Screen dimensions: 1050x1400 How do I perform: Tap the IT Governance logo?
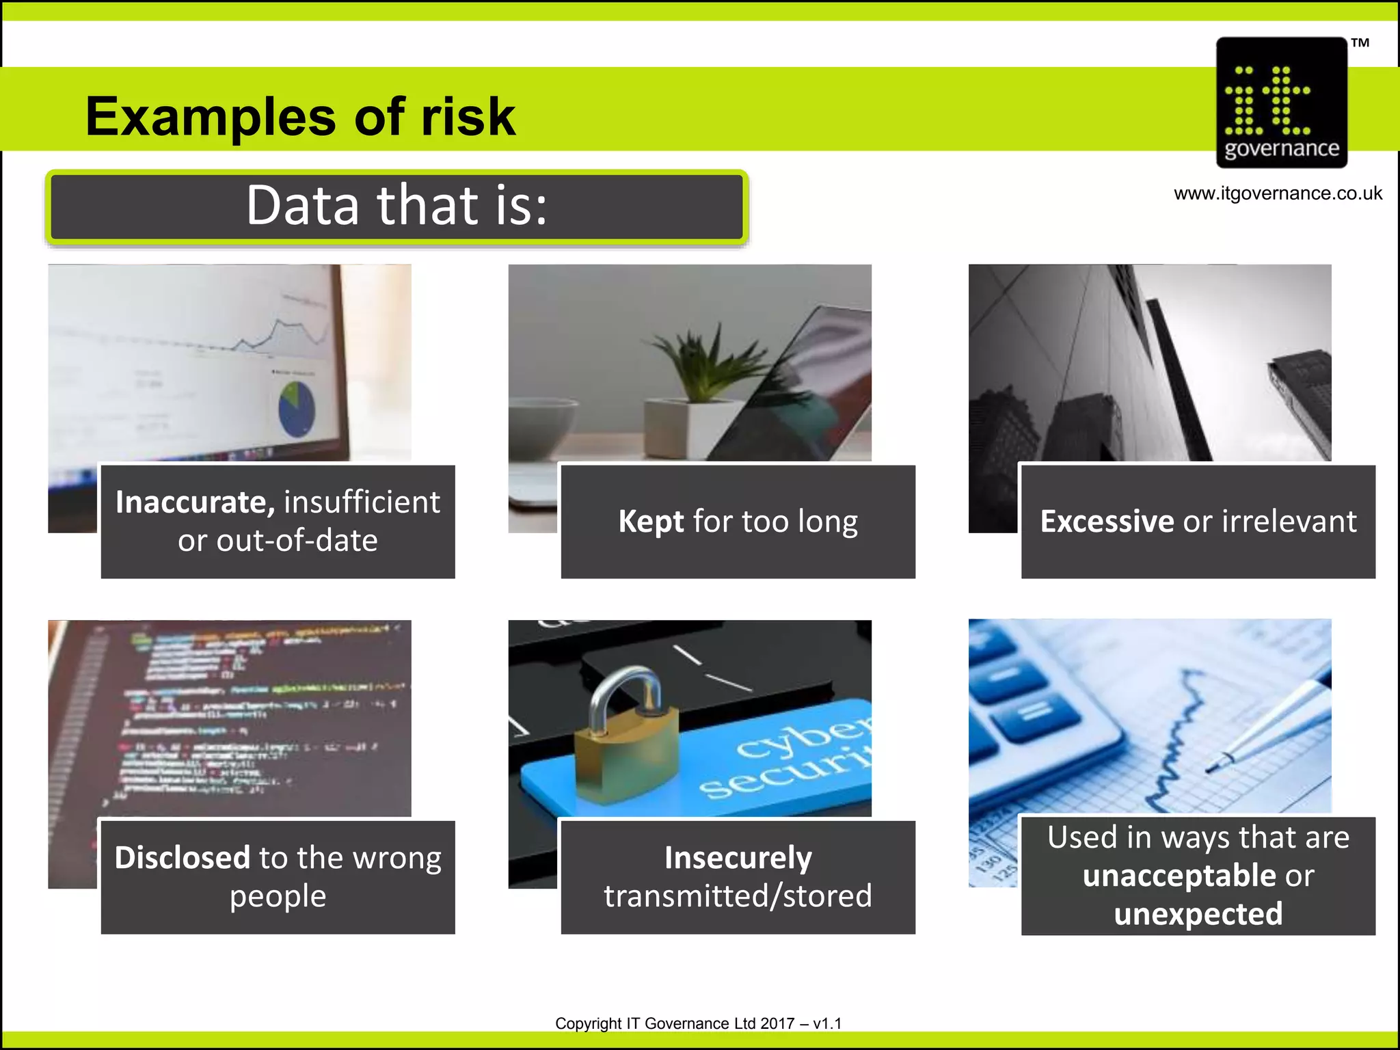click(x=1281, y=103)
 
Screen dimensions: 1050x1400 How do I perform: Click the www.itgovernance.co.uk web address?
click(x=1278, y=193)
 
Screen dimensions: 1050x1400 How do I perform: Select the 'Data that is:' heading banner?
click(x=397, y=207)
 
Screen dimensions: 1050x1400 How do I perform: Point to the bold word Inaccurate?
click(x=195, y=502)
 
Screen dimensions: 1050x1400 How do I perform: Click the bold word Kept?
click(x=651, y=522)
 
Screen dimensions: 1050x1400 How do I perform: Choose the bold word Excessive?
click(x=1107, y=522)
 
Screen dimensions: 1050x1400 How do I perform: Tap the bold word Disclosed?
click(x=183, y=858)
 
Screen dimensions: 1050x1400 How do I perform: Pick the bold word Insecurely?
click(x=738, y=858)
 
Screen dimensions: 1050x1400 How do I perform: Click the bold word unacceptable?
click(x=1179, y=876)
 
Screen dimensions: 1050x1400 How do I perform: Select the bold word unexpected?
click(x=1198, y=914)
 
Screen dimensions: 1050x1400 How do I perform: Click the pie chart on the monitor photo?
click(x=297, y=409)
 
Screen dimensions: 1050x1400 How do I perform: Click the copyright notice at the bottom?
click(x=698, y=1023)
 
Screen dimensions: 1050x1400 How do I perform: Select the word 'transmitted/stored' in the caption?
click(x=738, y=896)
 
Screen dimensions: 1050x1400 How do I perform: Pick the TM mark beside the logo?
click(x=1360, y=43)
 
